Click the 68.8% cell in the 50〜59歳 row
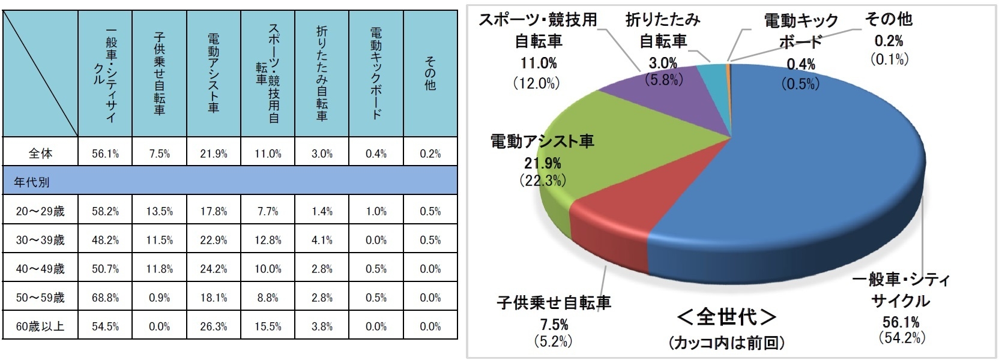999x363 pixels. [x=105, y=298]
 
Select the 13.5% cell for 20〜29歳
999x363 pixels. [x=159, y=211]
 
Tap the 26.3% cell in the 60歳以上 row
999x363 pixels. [x=213, y=326]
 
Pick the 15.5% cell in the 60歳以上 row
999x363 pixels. [x=268, y=326]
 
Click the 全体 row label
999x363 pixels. [x=40, y=154]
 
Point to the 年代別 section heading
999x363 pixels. [x=32, y=182]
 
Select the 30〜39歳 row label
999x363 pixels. [x=40, y=240]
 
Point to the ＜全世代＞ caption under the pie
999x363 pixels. [x=726, y=317]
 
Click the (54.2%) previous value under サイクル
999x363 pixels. [x=901, y=338]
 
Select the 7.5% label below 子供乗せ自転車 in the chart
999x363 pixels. [x=554, y=325]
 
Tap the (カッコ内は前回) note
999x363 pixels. [x=726, y=343]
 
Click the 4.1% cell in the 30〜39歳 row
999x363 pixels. [x=322, y=240]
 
